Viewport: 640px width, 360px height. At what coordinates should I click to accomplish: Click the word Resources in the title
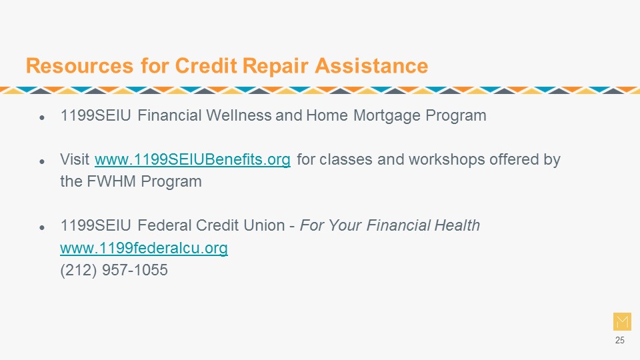(79, 66)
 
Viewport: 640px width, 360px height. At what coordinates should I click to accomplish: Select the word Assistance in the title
(371, 66)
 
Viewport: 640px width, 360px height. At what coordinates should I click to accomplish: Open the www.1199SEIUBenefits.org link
(192, 159)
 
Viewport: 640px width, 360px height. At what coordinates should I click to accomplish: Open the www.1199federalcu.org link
(144, 248)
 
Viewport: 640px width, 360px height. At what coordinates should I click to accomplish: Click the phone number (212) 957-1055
(114, 270)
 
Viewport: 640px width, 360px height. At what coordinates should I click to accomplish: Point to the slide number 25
(619, 341)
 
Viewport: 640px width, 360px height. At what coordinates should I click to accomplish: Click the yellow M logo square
(622, 321)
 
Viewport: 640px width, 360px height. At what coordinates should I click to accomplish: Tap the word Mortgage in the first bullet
(387, 115)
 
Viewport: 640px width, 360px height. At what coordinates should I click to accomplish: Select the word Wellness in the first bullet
(239, 115)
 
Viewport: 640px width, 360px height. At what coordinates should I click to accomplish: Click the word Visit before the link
(75, 159)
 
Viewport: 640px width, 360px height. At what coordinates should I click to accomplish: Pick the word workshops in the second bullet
(447, 159)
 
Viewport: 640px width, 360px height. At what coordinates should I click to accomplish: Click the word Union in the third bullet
(264, 225)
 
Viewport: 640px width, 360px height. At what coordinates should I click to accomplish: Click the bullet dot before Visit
(41, 161)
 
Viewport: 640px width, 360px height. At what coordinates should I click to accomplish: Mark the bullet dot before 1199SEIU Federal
(41, 228)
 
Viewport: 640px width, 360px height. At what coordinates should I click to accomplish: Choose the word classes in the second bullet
(346, 159)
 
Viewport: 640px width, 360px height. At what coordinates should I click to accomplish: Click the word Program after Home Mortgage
(456, 116)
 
